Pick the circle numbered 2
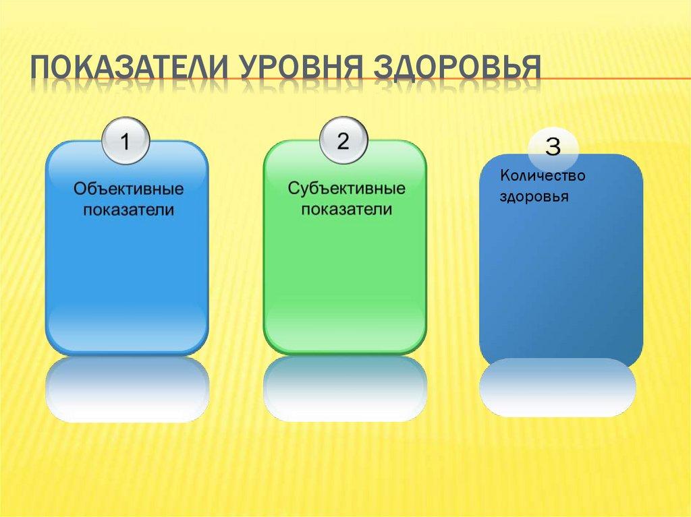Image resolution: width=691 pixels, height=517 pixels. (x=343, y=141)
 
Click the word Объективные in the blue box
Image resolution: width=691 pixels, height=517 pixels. (x=128, y=189)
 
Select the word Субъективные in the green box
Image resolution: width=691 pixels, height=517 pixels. (x=346, y=188)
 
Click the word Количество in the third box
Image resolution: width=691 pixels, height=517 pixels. (x=542, y=175)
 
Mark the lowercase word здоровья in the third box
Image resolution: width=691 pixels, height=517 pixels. (x=534, y=197)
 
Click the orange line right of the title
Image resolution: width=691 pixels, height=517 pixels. (x=614, y=80)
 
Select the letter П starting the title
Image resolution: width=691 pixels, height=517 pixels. (x=43, y=69)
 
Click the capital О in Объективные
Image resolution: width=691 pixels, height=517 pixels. (x=79, y=189)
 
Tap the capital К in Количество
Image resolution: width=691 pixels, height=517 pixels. (x=504, y=175)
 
